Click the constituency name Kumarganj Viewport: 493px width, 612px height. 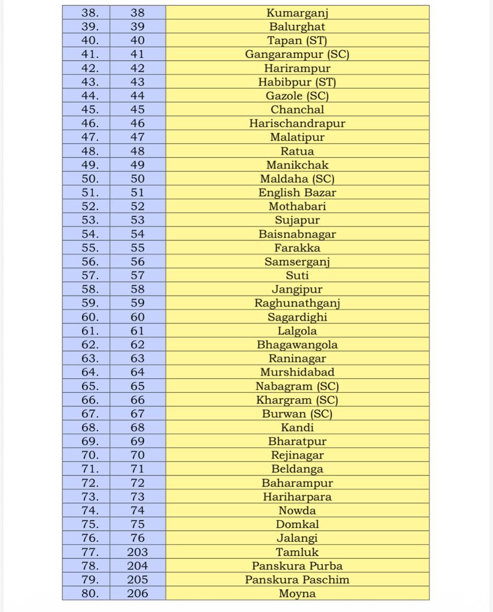[x=297, y=13]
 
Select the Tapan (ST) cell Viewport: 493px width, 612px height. [x=297, y=41]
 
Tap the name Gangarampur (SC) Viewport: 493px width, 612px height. [x=297, y=55]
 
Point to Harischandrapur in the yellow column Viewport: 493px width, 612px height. [x=297, y=123]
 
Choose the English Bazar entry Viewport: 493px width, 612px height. [x=297, y=193]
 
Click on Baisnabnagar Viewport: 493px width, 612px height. [x=297, y=234]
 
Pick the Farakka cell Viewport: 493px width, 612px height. [x=297, y=248]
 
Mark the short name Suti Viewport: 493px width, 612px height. [x=297, y=275]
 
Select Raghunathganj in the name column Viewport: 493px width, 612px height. [x=297, y=303]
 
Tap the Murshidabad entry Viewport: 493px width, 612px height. [x=297, y=372]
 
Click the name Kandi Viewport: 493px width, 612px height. [x=297, y=427]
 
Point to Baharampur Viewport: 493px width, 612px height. [x=297, y=483]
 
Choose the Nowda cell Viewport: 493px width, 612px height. [x=297, y=511]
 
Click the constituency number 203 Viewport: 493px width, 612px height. [x=137, y=552]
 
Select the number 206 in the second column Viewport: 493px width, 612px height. [x=137, y=594]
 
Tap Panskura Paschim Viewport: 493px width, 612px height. [x=297, y=580]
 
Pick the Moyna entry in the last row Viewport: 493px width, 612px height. [x=297, y=594]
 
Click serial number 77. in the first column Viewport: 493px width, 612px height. [x=90, y=552]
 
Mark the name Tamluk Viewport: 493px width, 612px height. [x=297, y=552]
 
